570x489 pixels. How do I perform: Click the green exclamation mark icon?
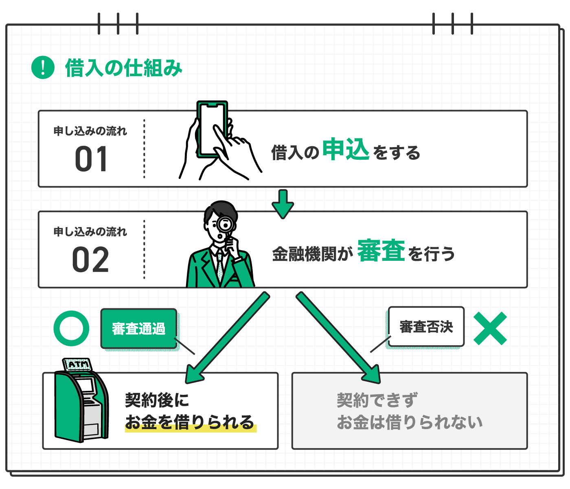point(43,67)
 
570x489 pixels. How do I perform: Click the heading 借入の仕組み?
point(123,68)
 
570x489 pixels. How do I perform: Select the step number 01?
point(92,159)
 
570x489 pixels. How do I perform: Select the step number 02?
point(90,260)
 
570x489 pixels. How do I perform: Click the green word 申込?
point(346,150)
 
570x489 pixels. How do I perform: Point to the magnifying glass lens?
point(224,224)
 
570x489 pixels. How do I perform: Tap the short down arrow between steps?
point(283,204)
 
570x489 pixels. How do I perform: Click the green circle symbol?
point(71,328)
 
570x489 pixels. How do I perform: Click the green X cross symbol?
point(490,328)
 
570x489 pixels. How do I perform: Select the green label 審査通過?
point(139,328)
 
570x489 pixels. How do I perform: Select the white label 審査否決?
point(426,326)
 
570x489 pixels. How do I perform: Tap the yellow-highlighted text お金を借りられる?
point(190,422)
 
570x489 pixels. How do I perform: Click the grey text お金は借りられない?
point(410,422)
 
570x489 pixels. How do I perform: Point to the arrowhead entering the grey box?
point(371,374)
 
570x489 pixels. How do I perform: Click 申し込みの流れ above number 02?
point(90,232)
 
